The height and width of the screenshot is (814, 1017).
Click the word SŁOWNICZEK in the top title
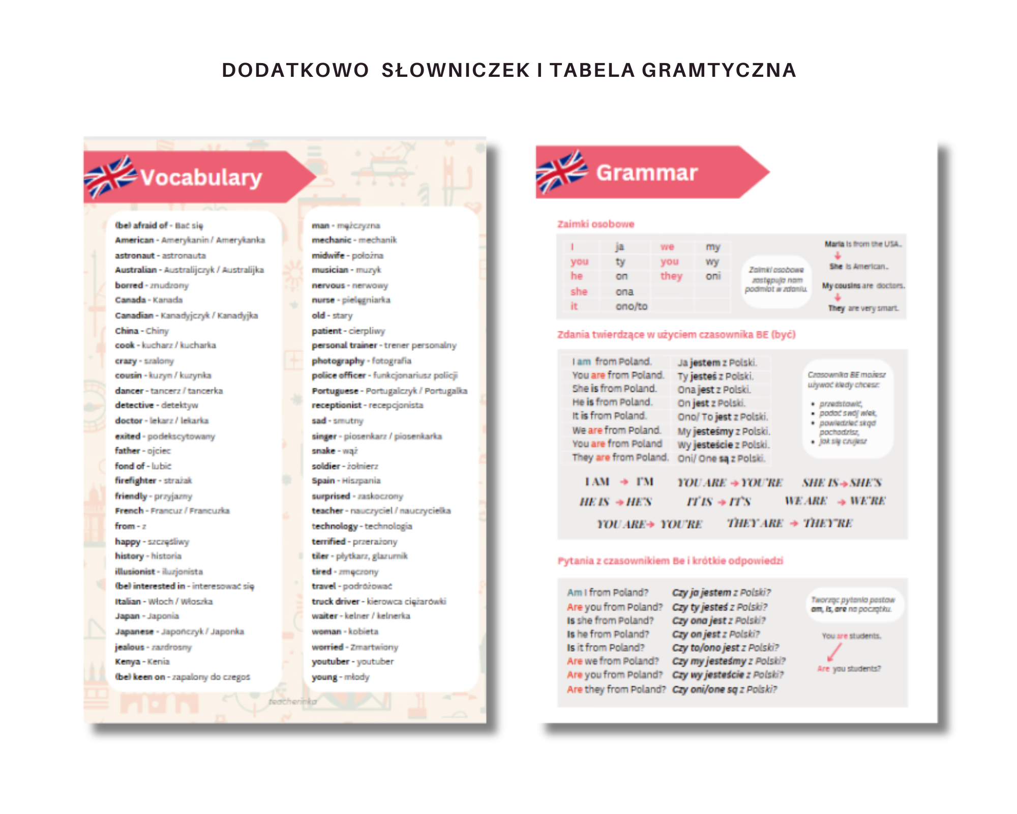[456, 70]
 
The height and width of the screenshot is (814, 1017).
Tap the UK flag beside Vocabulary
[110, 176]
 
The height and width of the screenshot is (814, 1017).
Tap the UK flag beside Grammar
[561, 171]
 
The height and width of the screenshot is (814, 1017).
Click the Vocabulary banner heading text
[201, 178]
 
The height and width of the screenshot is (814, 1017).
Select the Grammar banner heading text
[646, 173]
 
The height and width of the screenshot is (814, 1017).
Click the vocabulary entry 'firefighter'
[135, 480]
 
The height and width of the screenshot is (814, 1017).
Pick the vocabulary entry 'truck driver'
[336, 601]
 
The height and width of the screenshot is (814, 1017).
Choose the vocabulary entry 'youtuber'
[331, 661]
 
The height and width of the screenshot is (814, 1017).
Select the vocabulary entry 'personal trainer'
[344, 345]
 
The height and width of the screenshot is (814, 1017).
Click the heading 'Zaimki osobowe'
[595, 224]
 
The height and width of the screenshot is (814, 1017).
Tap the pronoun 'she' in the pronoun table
[579, 292]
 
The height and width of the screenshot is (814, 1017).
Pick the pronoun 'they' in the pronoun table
[671, 276]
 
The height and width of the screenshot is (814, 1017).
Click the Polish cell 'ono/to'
[631, 306]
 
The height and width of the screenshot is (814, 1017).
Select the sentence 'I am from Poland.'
[611, 362]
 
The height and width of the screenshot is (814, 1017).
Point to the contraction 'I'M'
[645, 482]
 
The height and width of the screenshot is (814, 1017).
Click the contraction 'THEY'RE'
[827, 523]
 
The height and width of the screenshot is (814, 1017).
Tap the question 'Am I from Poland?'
[608, 593]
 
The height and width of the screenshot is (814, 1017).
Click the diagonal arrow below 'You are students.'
[834, 652]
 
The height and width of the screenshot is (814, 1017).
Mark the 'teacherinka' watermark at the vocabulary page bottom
[292, 702]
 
